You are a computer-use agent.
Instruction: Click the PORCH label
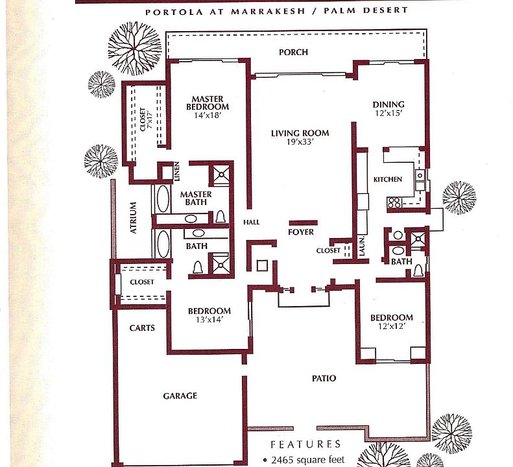(x=293, y=53)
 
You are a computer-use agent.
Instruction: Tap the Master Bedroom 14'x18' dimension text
(x=208, y=115)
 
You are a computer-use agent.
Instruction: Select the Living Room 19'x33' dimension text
(x=300, y=143)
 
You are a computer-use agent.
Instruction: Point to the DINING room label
(x=388, y=104)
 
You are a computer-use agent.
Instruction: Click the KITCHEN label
(x=388, y=180)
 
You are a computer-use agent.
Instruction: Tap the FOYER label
(x=300, y=232)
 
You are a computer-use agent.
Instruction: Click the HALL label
(x=252, y=222)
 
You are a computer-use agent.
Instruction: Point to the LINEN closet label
(x=176, y=173)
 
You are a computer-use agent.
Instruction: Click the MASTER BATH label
(x=196, y=199)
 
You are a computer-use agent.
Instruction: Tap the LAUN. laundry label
(x=363, y=247)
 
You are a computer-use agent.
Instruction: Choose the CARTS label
(x=142, y=328)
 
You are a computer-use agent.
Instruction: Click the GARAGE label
(x=180, y=396)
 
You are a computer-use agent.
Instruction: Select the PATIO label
(x=324, y=378)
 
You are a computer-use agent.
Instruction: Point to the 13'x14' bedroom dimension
(x=209, y=319)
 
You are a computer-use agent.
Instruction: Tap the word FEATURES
(x=305, y=445)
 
